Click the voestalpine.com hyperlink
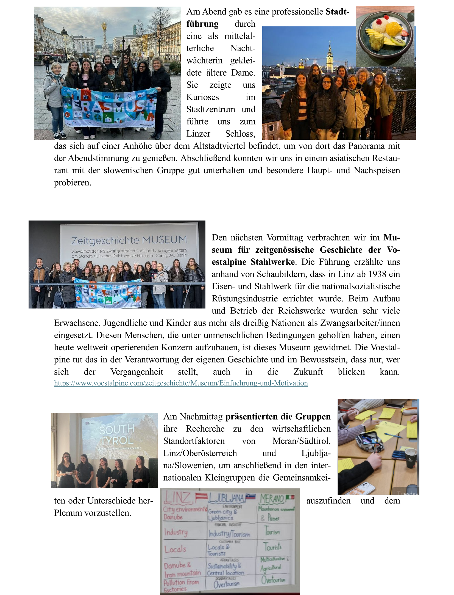[181, 383]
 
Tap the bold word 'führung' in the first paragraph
[202, 24]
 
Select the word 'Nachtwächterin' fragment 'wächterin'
[204, 60]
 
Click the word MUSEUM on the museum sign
[164, 239]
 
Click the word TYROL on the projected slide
[117, 441]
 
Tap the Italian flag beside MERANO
[290, 497]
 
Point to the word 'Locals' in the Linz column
[175, 549]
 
